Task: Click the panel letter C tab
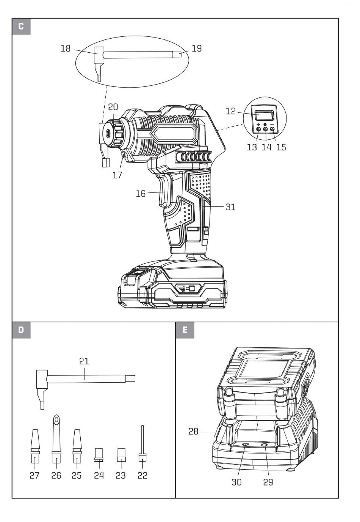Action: click(21, 27)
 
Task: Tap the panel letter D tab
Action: click(21, 330)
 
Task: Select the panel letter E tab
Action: click(185, 330)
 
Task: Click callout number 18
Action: click(66, 48)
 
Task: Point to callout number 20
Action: click(113, 107)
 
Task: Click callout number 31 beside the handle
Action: click(231, 207)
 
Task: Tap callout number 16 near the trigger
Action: click(141, 194)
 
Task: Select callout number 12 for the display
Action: click(231, 111)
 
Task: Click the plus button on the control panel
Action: click(258, 129)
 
